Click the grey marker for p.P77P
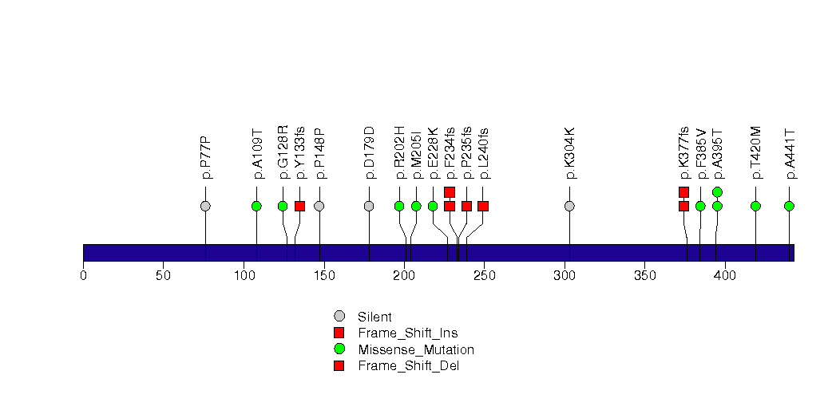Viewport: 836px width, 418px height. [x=205, y=206]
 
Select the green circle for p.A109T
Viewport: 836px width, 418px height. [x=256, y=206]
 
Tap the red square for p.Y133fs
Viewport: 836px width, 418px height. [x=299, y=206]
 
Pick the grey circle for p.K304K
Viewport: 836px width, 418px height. [x=569, y=206]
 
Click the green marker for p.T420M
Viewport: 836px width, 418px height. [x=755, y=206]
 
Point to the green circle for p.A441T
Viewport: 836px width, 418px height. [x=789, y=206]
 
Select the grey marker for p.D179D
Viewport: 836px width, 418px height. [x=369, y=206]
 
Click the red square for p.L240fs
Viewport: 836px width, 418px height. [x=483, y=206]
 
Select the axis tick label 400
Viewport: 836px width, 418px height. [x=725, y=276]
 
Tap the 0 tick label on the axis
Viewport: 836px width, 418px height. [x=83, y=276]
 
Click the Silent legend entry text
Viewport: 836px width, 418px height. [x=374, y=317]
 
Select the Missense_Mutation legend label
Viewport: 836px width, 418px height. [x=416, y=349]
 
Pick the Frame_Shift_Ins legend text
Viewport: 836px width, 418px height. [x=408, y=333]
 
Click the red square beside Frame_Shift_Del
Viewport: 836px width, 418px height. [x=339, y=365]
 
